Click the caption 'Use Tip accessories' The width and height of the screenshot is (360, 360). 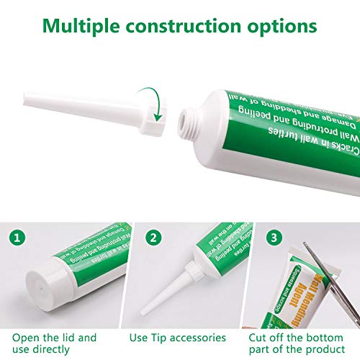(x=180, y=338)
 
